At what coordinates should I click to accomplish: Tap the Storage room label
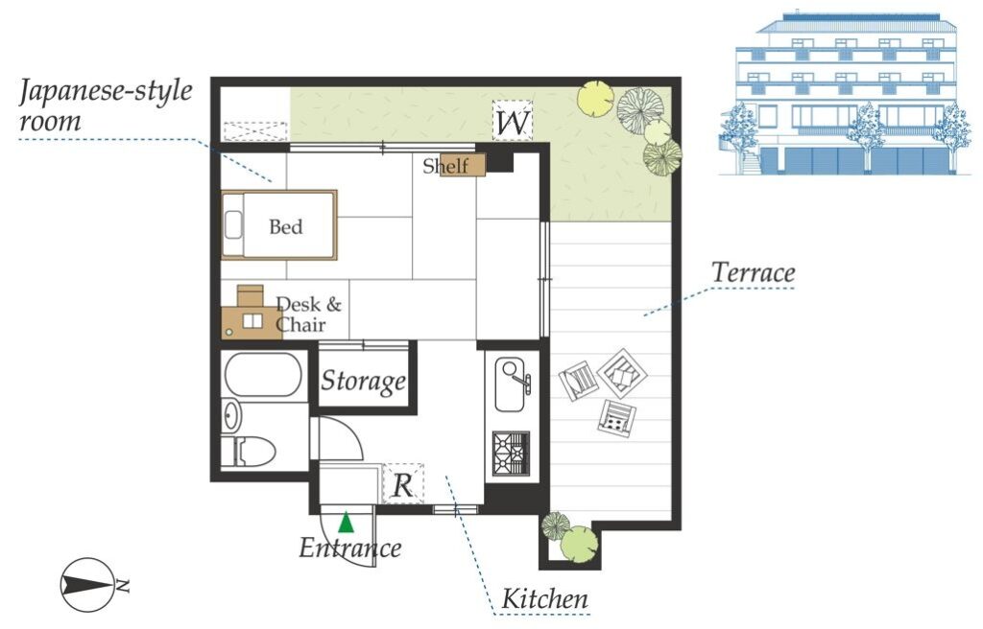(x=363, y=381)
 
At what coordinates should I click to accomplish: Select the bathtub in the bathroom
(x=263, y=375)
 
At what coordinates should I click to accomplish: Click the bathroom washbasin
(x=231, y=415)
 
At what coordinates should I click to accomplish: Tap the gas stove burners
(x=511, y=453)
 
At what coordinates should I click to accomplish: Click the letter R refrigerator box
(x=403, y=484)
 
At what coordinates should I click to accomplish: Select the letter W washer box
(x=513, y=120)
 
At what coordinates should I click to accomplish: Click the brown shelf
(x=463, y=165)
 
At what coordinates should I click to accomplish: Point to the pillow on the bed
(x=233, y=224)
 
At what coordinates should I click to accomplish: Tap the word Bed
(x=285, y=226)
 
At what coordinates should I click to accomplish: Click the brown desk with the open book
(x=252, y=322)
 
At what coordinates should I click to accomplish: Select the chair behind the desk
(x=251, y=295)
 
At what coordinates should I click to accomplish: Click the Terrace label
(x=753, y=273)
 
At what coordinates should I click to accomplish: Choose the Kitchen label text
(x=545, y=599)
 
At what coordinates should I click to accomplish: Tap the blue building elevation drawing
(x=839, y=93)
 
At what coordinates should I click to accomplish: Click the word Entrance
(x=349, y=548)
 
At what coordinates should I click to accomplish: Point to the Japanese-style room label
(x=106, y=105)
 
